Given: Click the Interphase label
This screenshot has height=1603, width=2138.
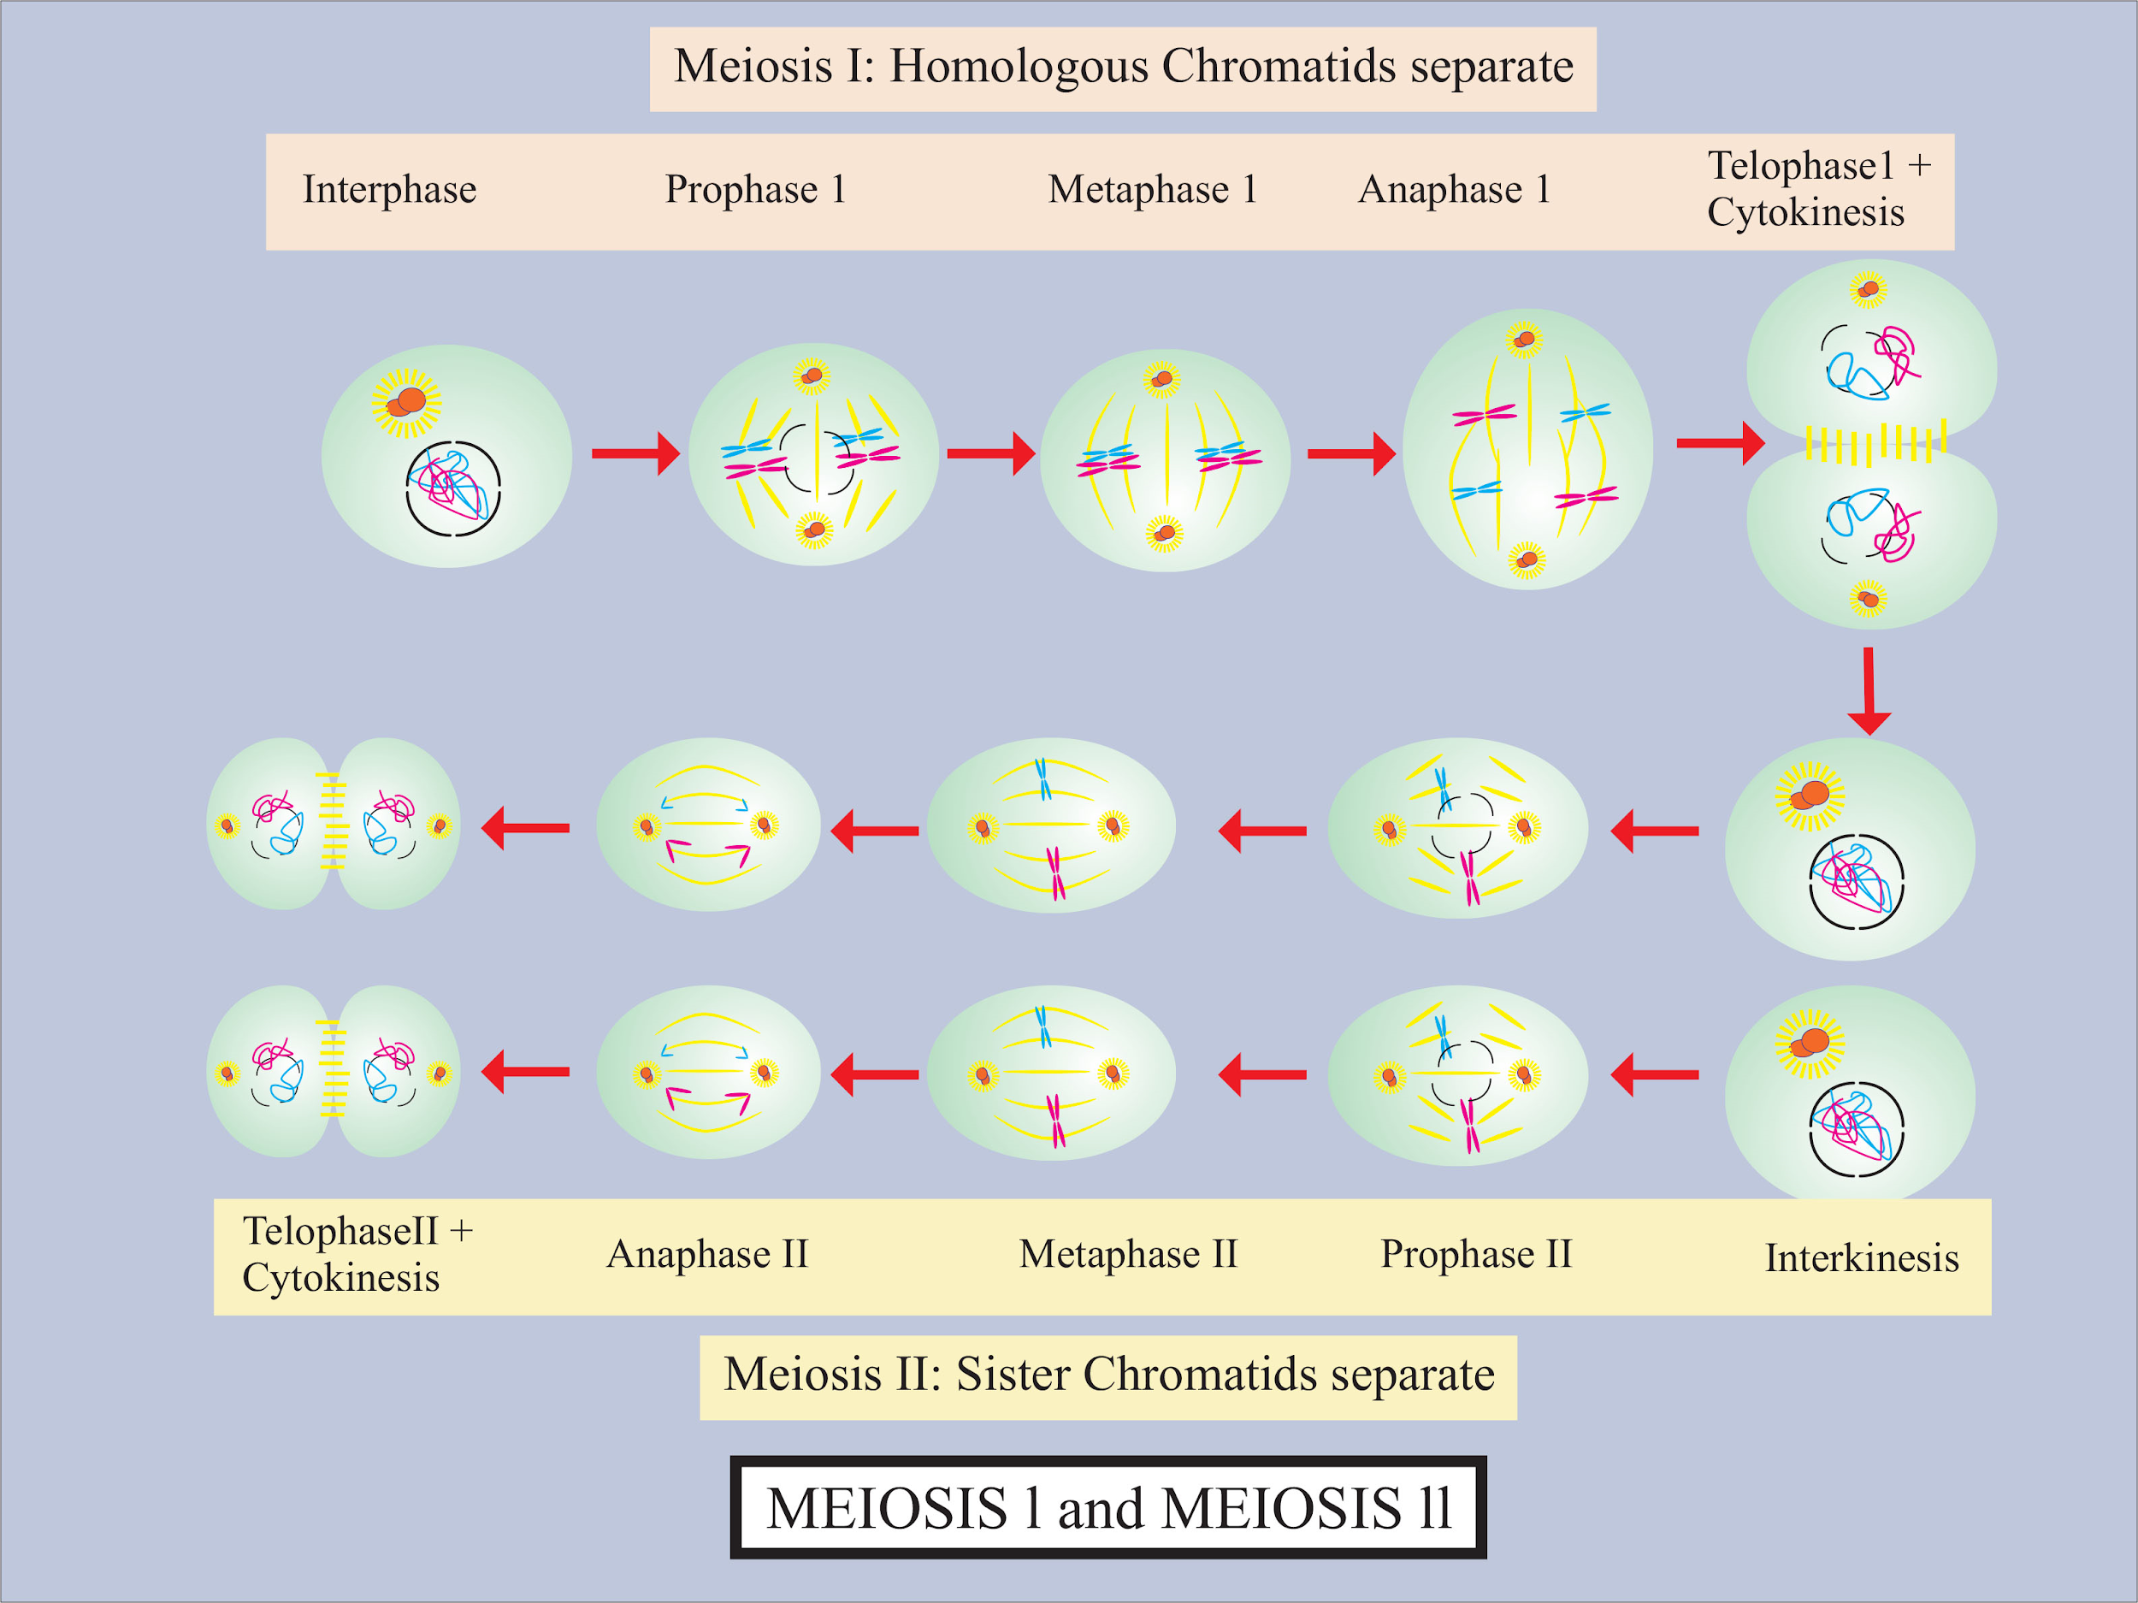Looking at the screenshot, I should click(x=389, y=190).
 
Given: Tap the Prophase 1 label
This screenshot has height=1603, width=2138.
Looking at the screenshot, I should click(x=755, y=190).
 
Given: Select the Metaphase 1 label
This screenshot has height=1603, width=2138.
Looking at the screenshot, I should click(x=1152, y=190).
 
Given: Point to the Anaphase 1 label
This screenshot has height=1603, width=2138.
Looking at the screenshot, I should click(x=1454, y=190).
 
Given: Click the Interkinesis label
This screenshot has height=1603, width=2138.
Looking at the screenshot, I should click(x=1862, y=1257).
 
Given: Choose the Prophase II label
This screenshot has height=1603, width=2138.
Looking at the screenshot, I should click(x=1476, y=1254).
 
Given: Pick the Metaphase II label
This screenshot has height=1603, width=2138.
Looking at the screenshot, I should click(x=1128, y=1254).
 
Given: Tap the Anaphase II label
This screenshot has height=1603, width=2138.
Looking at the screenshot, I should click(x=706, y=1254).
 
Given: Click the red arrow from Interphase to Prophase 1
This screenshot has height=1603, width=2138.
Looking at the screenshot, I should click(x=635, y=453).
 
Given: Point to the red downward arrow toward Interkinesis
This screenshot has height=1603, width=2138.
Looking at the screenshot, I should click(x=1869, y=690).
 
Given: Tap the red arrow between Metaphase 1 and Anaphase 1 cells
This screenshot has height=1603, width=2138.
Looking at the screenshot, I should click(x=1350, y=453).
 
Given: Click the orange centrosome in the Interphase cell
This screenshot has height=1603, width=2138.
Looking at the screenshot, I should click(x=408, y=401).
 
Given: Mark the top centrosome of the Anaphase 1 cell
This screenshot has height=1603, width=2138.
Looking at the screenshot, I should click(x=1524, y=340).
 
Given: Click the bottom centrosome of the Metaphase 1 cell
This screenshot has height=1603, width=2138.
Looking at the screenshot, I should click(x=1165, y=533).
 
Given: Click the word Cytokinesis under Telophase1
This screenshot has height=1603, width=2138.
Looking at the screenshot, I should click(x=1805, y=212).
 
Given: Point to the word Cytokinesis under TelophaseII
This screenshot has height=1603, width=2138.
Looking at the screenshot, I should click(x=340, y=1277).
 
